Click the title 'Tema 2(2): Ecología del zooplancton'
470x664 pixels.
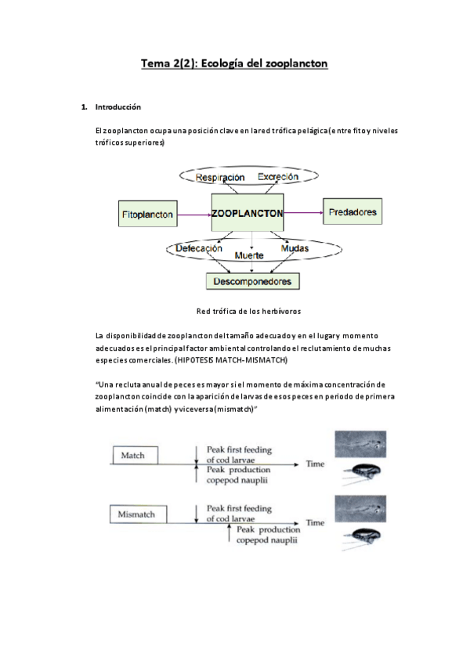(233, 63)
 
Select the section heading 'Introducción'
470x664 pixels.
(117, 106)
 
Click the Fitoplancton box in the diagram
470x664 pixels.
(146, 212)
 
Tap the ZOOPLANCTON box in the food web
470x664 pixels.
(248, 212)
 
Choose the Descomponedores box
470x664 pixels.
(253, 280)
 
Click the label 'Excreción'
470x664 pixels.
(278, 177)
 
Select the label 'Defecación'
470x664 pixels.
(199, 248)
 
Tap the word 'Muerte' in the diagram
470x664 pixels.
(249, 256)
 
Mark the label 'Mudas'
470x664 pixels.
(295, 248)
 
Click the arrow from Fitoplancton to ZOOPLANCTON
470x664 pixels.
(194, 213)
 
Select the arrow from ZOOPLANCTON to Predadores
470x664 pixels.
(303, 211)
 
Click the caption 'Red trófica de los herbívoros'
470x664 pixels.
(248, 311)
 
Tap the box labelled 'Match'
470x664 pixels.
(135, 455)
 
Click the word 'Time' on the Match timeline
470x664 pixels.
(315, 464)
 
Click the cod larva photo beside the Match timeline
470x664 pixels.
(360, 444)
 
